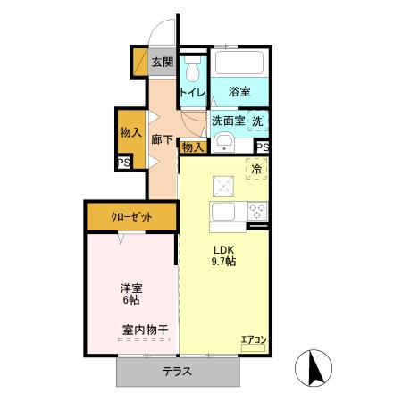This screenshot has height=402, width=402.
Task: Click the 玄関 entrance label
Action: (162, 63)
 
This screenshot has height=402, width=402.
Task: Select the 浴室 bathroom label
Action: (239, 92)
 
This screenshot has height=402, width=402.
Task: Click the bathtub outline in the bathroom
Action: (238, 65)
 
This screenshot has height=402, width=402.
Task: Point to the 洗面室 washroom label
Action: (228, 121)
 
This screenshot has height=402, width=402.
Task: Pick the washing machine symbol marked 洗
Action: (257, 121)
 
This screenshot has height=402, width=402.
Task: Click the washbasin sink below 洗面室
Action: (225, 142)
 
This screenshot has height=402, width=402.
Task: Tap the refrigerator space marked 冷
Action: (256, 169)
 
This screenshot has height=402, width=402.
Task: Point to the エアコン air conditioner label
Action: (253, 339)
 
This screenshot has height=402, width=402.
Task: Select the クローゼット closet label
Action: (131, 217)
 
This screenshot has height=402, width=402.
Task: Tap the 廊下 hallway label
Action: (162, 139)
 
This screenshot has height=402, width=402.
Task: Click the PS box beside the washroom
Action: (263, 148)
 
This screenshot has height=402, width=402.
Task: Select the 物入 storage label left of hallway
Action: (130, 131)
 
